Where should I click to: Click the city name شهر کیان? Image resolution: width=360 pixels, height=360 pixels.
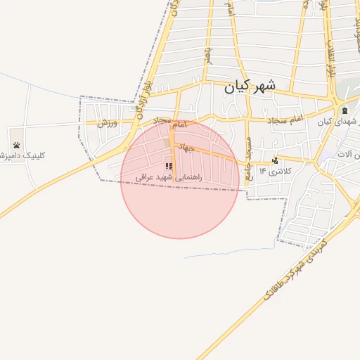pos(250,87)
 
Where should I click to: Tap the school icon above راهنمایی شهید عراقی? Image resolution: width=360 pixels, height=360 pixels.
pos(169,167)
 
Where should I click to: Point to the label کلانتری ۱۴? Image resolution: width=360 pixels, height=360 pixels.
pos(274,171)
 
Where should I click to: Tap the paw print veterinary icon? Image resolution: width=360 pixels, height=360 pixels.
pos(16,146)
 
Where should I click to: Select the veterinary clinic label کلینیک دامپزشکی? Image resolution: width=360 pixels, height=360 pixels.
pos(21,155)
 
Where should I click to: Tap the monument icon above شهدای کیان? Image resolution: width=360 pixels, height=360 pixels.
pos(345,111)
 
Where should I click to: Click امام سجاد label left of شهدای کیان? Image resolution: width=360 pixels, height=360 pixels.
pos(285,121)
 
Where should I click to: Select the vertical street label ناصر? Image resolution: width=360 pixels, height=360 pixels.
pos(208,53)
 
